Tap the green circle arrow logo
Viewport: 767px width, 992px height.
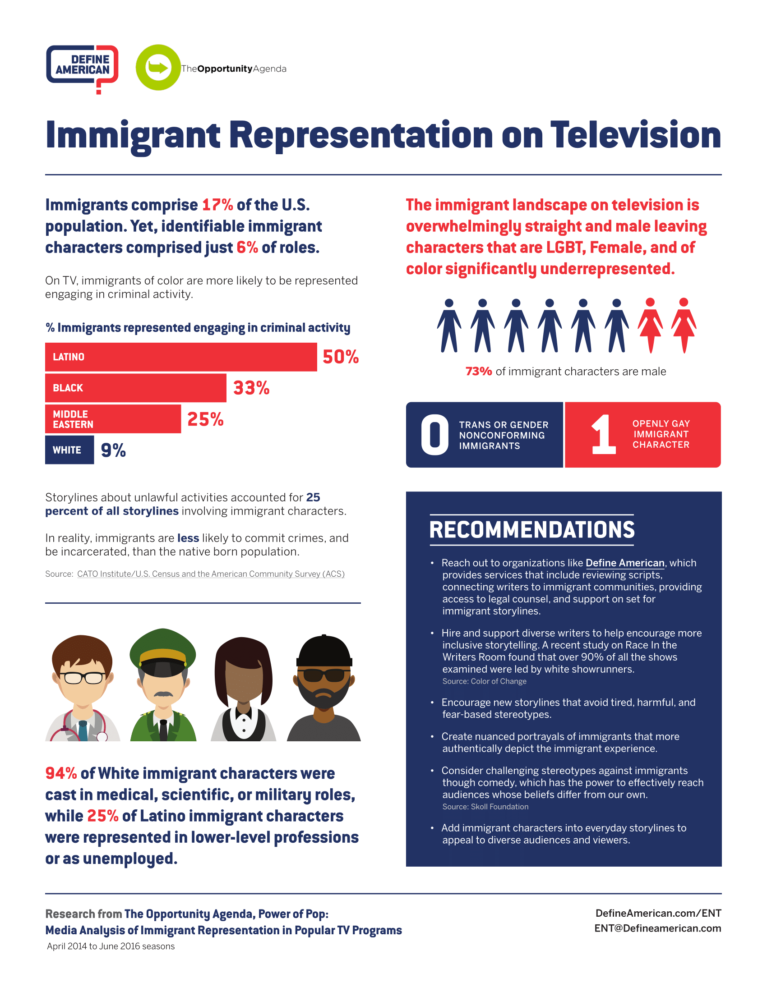[158, 67]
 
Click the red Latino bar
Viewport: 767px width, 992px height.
[181, 357]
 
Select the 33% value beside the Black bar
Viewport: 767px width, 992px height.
[251, 388]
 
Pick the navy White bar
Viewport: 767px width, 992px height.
[69, 450]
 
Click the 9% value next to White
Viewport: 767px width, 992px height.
[113, 450]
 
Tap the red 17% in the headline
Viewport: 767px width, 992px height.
[217, 205]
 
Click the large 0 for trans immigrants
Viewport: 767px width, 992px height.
[434, 435]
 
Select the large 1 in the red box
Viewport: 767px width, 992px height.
[603, 435]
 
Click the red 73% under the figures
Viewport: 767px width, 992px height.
[478, 372]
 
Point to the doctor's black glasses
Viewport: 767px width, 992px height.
[82, 678]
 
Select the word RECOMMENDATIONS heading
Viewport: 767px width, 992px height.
[531, 530]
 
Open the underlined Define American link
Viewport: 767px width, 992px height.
[625, 563]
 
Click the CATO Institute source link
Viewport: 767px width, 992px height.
[211, 574]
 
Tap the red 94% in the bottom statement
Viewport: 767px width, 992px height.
[61, 773]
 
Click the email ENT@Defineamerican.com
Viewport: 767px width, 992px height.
[657, 928]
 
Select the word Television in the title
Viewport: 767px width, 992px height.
[636, 135]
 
